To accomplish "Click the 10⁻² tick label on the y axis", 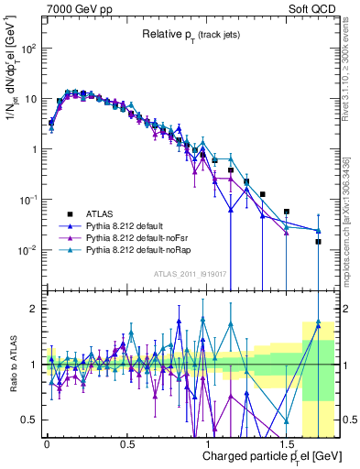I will (27, 250).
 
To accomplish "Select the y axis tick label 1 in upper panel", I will (33, 149).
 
